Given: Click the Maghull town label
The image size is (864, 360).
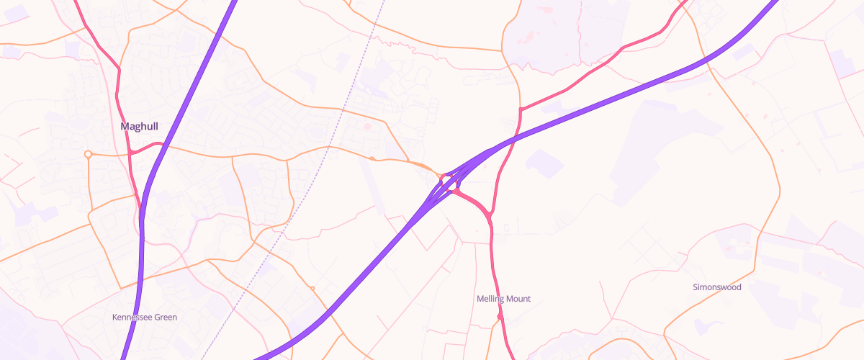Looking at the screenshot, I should (x=139, y=127).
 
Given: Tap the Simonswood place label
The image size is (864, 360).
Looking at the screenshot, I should (x=716, y=287).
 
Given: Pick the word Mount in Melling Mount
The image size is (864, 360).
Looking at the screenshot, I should (x=518, y=299).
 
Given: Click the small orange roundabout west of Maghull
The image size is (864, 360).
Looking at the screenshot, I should (x=88, y=154).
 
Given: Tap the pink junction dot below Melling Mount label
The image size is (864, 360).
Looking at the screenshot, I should (x=500, y=316).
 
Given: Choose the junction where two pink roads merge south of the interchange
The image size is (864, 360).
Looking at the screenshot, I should (x=489, y=215).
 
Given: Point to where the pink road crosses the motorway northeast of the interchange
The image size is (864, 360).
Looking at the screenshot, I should (x=513, y=137).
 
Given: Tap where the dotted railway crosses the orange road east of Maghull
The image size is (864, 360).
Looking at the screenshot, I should (x=329, y=148).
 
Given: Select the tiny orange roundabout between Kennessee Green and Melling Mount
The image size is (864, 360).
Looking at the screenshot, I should (x=312, y=289).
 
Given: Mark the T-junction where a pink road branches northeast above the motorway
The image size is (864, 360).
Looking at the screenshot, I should (x=520, y=109).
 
